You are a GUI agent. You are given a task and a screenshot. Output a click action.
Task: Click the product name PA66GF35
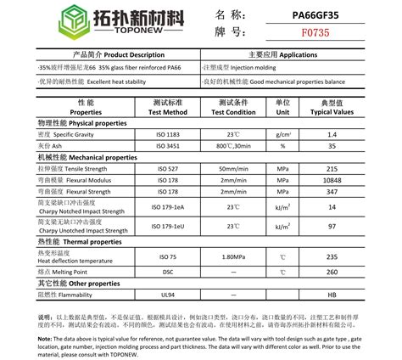click(294, 14)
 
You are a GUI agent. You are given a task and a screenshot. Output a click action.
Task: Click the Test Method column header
click(167, 106)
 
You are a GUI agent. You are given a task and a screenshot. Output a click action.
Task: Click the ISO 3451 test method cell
click(167, 146)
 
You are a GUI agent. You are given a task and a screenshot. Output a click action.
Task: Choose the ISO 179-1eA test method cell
click(167, 207)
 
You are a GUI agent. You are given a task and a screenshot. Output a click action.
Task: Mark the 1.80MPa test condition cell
click(232, 256)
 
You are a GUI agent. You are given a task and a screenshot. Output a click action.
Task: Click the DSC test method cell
click(167, 272)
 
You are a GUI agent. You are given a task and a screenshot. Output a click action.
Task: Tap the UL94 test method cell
click(167, 294)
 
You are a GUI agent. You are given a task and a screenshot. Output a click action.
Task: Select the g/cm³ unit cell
click(283, 135)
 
